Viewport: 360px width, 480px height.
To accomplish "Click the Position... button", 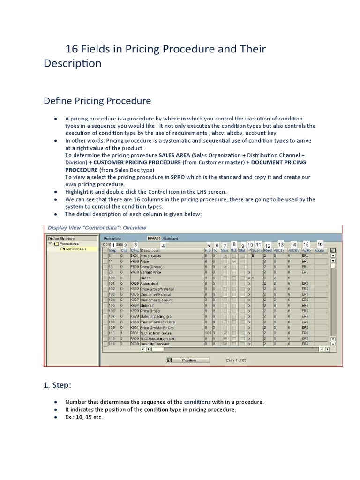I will coord(183,360).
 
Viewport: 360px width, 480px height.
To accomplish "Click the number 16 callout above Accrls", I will coord(320,244).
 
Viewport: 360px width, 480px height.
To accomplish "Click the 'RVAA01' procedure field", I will coord(154,238).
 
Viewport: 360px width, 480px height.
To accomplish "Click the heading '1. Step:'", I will coord(57,385).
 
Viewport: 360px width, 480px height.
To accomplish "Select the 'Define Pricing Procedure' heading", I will coord(97,100).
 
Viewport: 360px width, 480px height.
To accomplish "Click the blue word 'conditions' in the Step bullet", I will coord(197,402).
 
